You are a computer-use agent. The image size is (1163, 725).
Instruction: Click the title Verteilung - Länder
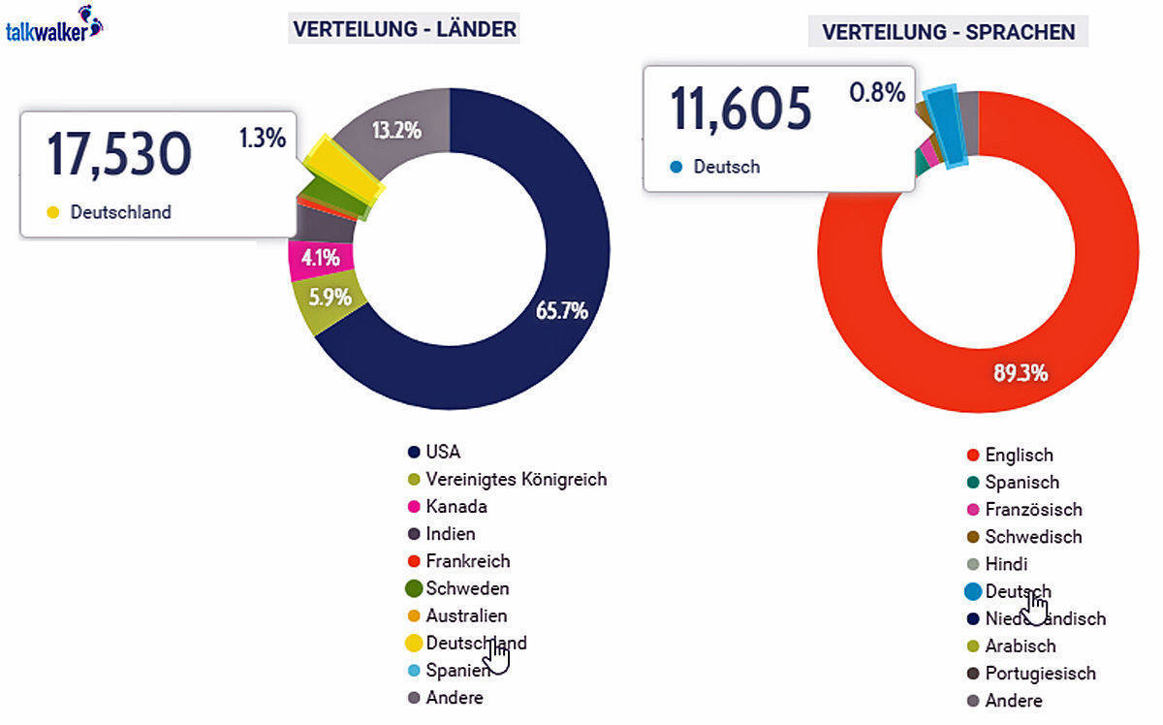(x=404, y=30)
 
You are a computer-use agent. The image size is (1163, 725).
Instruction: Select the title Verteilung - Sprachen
(x=948, y=32)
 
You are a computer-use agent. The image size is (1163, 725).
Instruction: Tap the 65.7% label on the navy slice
(x=561, y=310)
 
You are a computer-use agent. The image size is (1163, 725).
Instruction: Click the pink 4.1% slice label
(x=320, y=258)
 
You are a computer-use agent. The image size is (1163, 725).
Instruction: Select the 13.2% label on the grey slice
(x=396, y=129)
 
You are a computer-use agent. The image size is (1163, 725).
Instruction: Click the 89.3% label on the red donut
(x=1020, y=372)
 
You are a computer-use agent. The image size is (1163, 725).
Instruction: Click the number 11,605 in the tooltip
(x=741, y=109)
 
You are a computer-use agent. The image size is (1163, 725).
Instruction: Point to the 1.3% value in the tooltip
(x=263, y=138)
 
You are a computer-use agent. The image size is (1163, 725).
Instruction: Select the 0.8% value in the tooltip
(x=877, y=93)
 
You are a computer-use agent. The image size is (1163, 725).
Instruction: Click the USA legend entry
(x=443, y=452)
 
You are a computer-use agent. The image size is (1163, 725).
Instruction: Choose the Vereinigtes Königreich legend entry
(x=516, y=479)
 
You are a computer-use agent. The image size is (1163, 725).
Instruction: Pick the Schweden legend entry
(x=467, y=588)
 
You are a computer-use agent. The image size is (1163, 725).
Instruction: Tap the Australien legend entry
(x=466, y=615)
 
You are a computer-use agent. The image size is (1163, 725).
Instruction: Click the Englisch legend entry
(x=1019, y=455)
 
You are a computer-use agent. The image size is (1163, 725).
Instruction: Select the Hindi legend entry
(x=1006, y=564)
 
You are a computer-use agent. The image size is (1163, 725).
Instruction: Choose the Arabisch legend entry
(x=1020, y=646)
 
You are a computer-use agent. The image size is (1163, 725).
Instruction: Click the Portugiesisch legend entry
(x=1040, y=673)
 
